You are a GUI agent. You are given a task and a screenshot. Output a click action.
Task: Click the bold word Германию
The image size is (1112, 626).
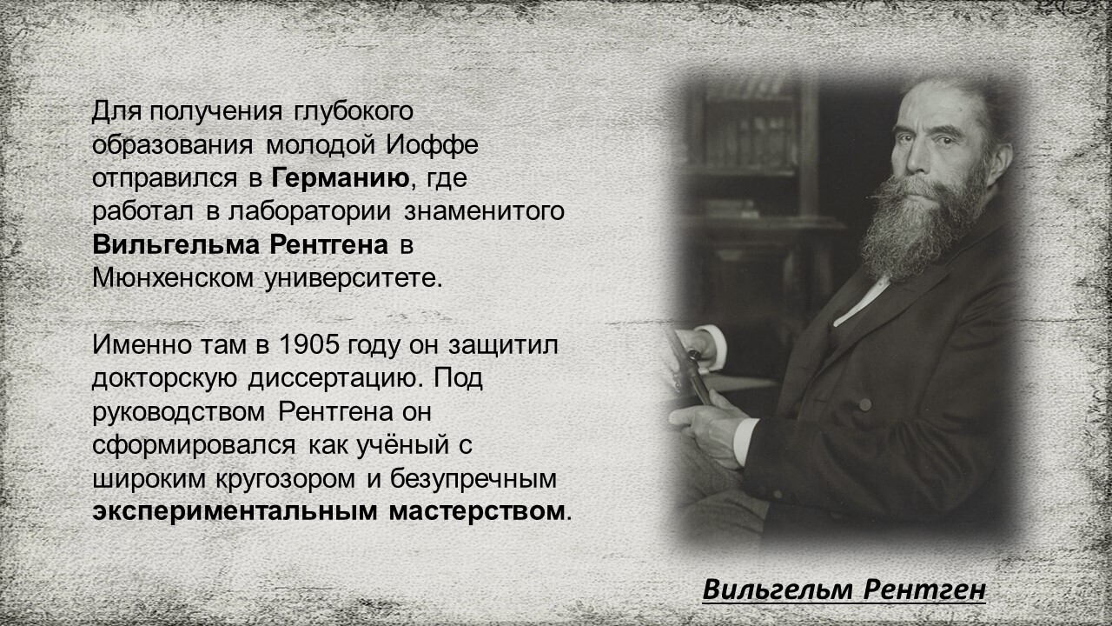coord(341,178)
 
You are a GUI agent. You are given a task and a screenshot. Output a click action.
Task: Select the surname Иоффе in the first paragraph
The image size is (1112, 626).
coord(433,145)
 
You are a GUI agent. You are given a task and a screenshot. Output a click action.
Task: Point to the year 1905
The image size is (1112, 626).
coord(309,344)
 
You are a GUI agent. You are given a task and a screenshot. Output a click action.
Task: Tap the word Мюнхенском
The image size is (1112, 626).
coord(173,278)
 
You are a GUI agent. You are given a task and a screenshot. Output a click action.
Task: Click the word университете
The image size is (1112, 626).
coord(353,279)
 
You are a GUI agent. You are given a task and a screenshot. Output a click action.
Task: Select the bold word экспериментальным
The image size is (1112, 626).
coord(235,512)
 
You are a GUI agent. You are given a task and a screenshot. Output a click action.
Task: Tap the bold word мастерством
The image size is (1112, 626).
coord(477,512)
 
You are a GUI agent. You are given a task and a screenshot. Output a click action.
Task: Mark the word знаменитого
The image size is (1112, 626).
coord(484,212)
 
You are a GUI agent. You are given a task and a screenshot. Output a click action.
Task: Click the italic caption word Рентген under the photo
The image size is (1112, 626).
coord(924,589)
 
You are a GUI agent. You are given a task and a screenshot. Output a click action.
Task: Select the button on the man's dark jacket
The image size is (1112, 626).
coord(864,405)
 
